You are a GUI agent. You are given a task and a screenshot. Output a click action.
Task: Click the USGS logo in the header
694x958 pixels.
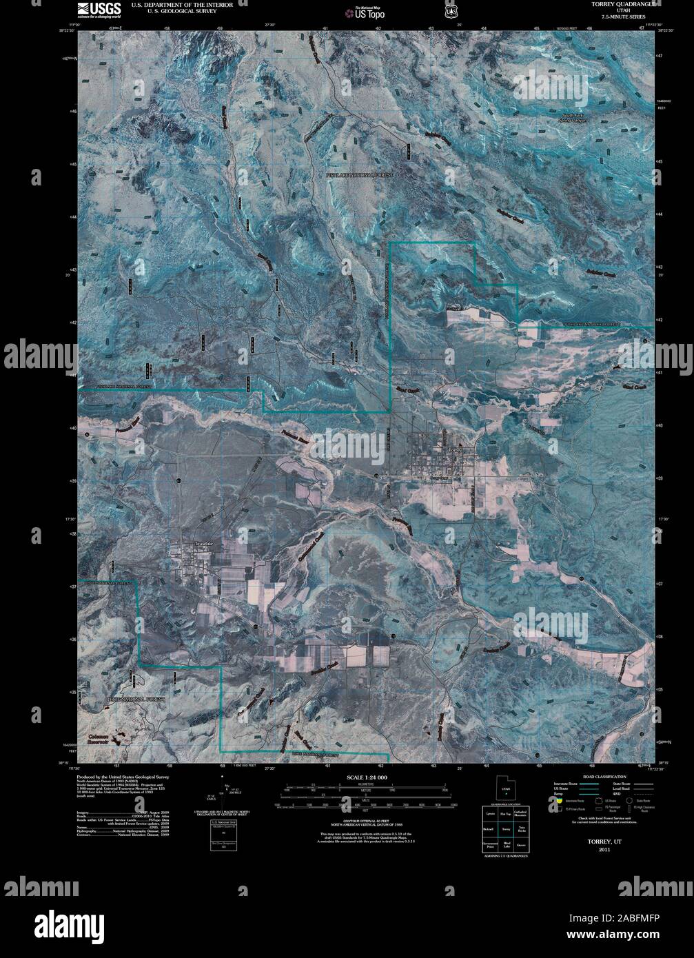(99, 10)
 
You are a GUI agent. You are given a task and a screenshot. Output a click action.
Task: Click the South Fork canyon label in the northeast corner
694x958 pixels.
(577, 117)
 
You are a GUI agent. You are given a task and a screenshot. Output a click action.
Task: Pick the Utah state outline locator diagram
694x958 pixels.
(505, 788)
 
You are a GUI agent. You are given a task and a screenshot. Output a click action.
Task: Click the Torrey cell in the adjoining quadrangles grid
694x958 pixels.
(506, 828)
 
